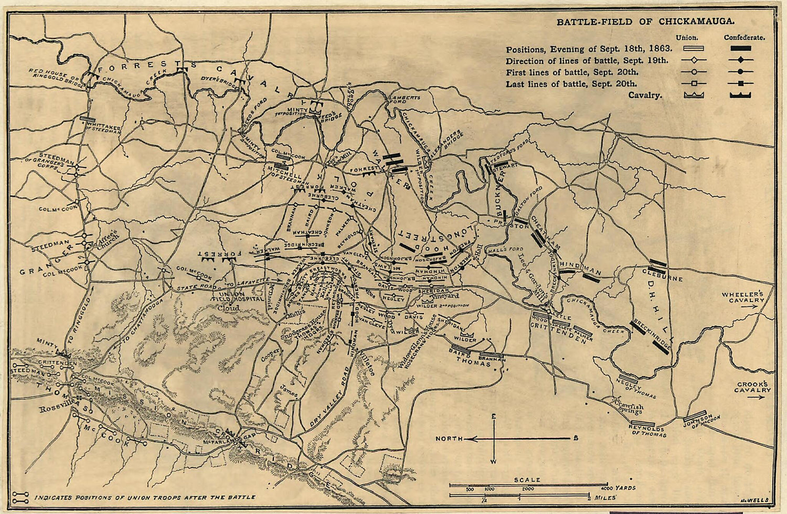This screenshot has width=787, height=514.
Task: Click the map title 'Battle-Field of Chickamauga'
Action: (x=645, y=22)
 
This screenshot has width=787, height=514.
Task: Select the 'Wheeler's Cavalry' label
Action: (x=742, y=297)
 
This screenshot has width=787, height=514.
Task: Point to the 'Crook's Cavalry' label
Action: (x=752, y=387)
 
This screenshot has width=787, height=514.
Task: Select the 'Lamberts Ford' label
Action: (x=405, y=100)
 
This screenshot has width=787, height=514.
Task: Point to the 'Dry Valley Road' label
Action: (x=329, y=397)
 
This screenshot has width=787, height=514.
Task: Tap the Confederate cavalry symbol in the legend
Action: (x=740, y=95)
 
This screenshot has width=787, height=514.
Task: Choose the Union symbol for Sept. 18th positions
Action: (x=694, y=48)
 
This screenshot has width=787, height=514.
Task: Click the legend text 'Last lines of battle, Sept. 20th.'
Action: (x=572, y=84)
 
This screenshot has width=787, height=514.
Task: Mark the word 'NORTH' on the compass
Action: (x=449, y=438)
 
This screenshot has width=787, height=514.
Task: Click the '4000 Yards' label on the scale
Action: (x=622, y=488)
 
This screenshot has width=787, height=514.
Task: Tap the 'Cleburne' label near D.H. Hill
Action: (x=663, y=274)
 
